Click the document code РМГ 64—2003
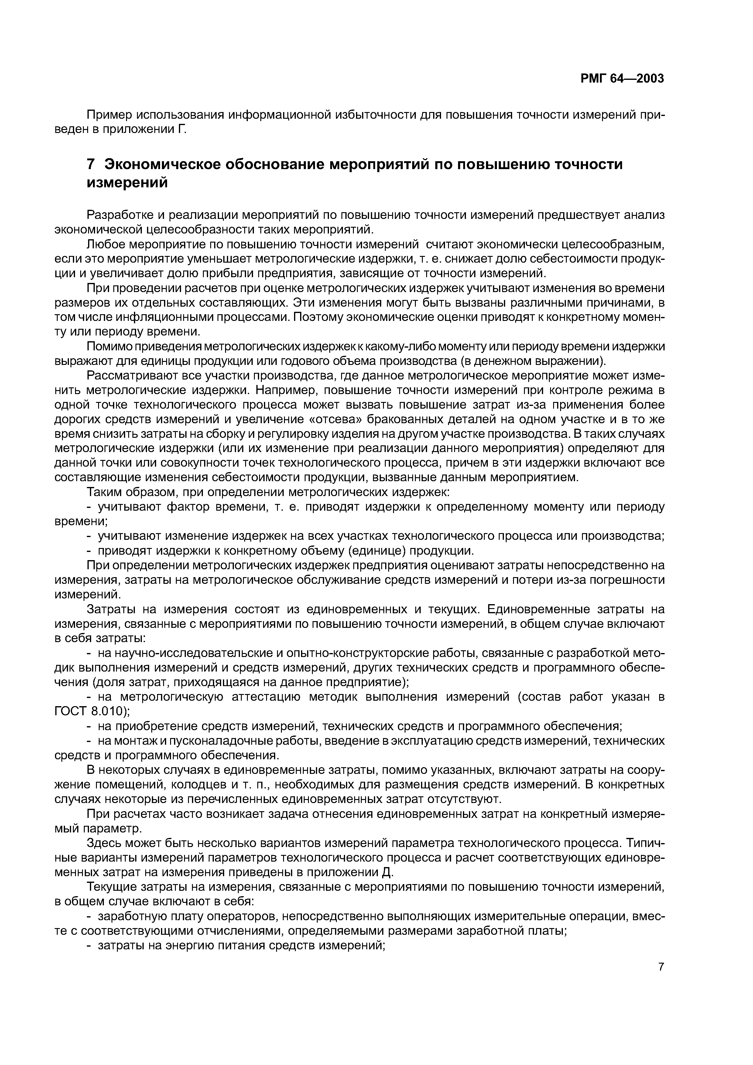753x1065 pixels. point(622,79)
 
